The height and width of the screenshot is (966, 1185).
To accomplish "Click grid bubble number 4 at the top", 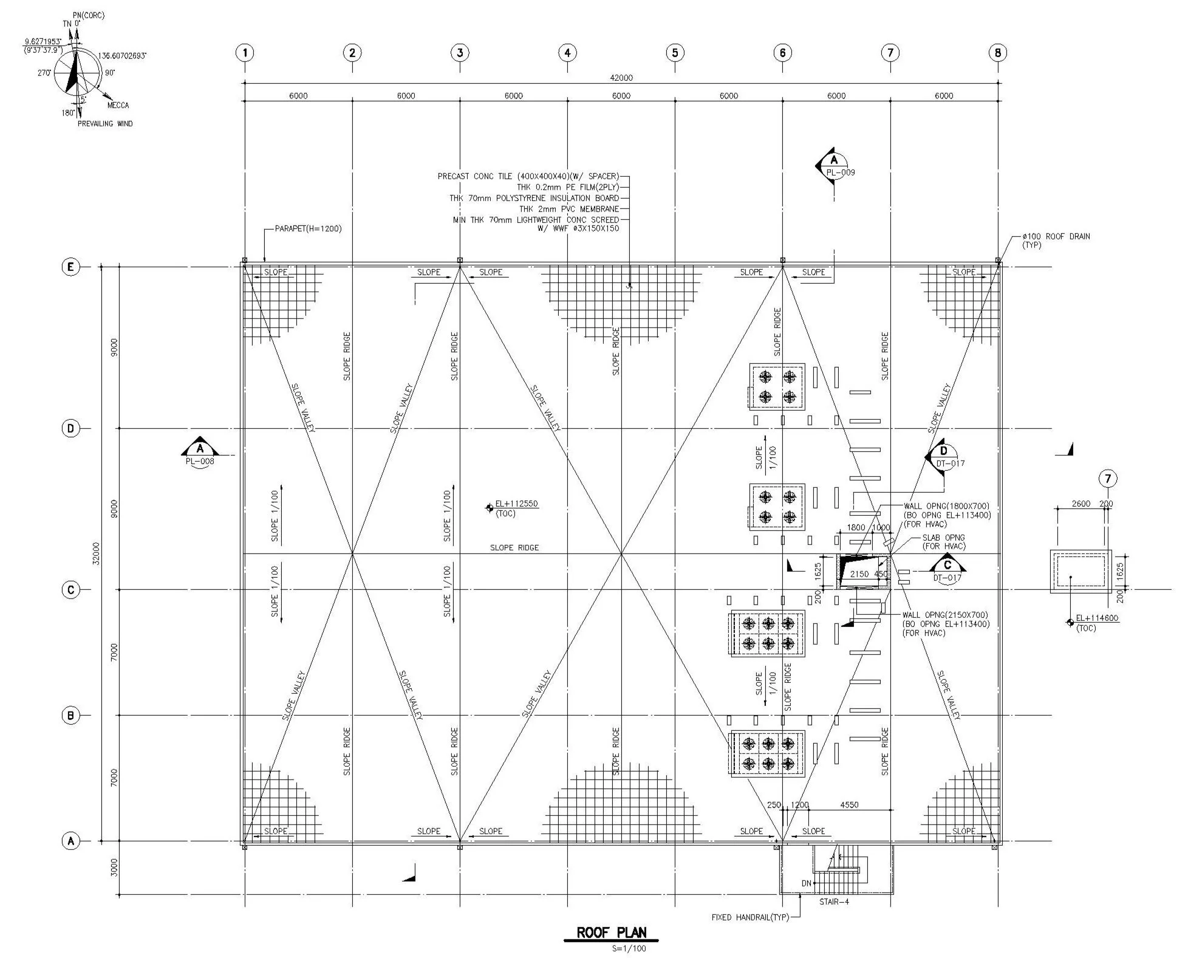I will click(x=567, y=53).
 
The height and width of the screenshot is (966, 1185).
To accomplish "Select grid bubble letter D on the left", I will click(x=71, y=428).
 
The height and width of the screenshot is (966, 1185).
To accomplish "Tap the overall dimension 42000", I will click(x=621, y=78).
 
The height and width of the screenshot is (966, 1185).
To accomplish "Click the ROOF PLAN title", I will click(x=611, y=933).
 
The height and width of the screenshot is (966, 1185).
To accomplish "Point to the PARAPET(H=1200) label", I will click(x=308, y=229).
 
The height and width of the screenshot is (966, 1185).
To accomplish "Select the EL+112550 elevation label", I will click(x=516, y=504).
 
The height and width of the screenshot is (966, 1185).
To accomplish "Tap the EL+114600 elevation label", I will click(x=1096, y=618).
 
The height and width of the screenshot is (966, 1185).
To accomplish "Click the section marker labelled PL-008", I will click(x=200, y=453).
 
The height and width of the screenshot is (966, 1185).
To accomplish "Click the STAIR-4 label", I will click(x=833, y=902).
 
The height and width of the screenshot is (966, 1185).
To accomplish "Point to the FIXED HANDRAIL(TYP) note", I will click(x=750, y=917).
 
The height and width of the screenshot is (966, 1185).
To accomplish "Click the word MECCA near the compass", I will click(x=118, y=105).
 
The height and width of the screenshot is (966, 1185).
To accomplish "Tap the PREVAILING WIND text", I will click(x=104, y=124).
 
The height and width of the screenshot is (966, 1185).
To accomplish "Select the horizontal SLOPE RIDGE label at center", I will click(x=514, y=548).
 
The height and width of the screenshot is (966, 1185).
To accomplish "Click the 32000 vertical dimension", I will click(x=97, y=553).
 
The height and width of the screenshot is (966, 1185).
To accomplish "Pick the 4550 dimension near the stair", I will click(x=849, y=805).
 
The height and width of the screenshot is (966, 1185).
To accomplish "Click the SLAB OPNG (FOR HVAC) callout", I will click(x=943, y=542).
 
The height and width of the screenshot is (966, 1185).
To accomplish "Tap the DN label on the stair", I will click(x=806, y=883).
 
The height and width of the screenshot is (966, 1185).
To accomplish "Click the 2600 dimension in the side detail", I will click(x=1081, y=504).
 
